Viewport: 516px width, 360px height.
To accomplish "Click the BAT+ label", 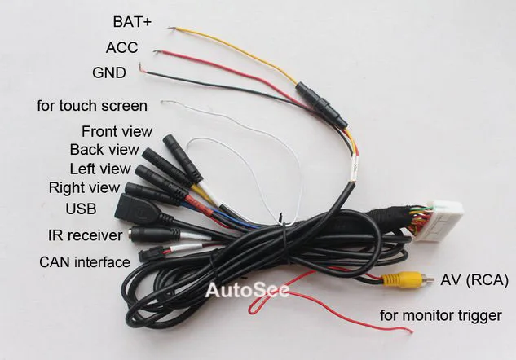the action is click(x=135, y=21).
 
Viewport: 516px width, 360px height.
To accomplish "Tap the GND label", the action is click(x=109, y=73).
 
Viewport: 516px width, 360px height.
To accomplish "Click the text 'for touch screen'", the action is click(x=92, y=106).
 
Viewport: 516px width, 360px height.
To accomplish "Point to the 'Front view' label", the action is click(x=117, y=131).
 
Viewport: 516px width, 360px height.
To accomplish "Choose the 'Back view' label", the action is click(x=104, y=150).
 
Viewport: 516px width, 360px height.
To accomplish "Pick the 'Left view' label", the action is click(x=99, y=169).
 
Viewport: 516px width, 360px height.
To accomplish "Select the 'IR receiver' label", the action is click(x=85, y=235).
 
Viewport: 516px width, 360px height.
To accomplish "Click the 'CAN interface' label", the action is click(x=84, y=261).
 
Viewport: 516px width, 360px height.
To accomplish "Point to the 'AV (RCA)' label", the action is click(x=474, y=280).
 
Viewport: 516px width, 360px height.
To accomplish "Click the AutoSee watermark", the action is click(x=246, y=291).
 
